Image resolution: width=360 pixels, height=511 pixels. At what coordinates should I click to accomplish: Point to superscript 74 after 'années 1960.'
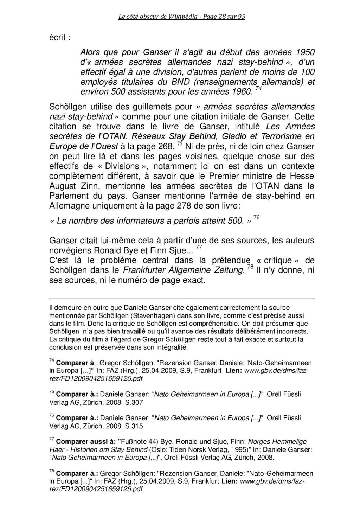click(x=258, y=89)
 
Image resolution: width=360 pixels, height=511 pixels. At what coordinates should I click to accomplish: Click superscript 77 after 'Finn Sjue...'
click(x=199, y=248)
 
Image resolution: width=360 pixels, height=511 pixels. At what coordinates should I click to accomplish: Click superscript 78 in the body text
click(x=250, y=268)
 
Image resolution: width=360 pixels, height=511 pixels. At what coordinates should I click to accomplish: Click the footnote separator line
click(x=181, y=299)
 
